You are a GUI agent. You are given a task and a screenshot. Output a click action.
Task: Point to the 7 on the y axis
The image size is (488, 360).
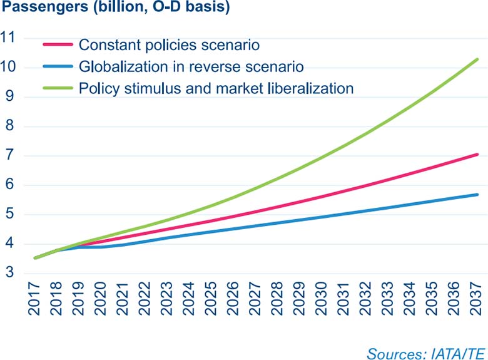tap(10, 156)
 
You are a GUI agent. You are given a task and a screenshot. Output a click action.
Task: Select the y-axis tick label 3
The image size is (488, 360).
tap(10, 274)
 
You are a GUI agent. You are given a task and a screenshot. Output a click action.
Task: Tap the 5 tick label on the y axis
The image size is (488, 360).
tap(10, 215)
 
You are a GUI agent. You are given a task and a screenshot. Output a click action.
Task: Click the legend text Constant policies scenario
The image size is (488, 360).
tap(169, 45)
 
